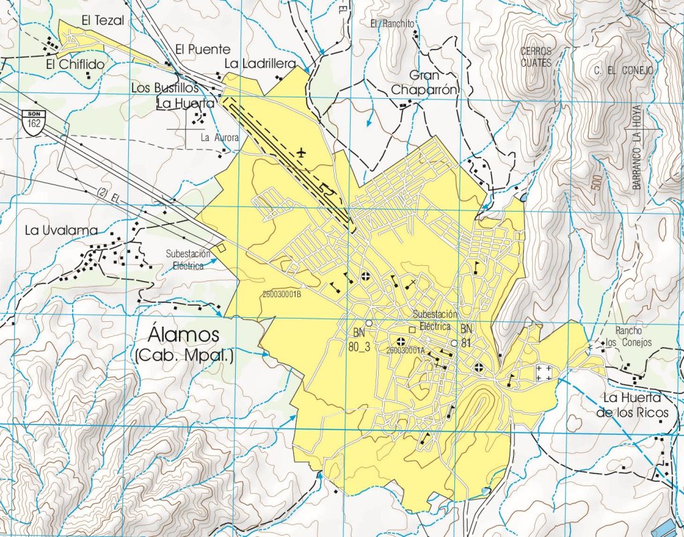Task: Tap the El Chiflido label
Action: click(75, 65)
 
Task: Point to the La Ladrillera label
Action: click(260, 63)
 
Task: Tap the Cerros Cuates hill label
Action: click(537, 57)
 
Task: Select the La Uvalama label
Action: click(61, 230)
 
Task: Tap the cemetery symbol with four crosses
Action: click(544, 373)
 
